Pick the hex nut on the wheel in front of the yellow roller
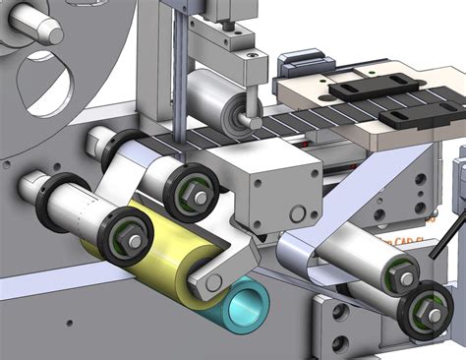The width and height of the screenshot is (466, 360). point(129,235)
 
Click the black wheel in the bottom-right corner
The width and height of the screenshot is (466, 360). point(429,312)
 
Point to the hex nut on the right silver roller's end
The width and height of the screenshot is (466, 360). point(404,278)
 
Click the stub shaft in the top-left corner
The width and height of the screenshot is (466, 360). point(39,24)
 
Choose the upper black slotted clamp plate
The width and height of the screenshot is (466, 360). point(364,87)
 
